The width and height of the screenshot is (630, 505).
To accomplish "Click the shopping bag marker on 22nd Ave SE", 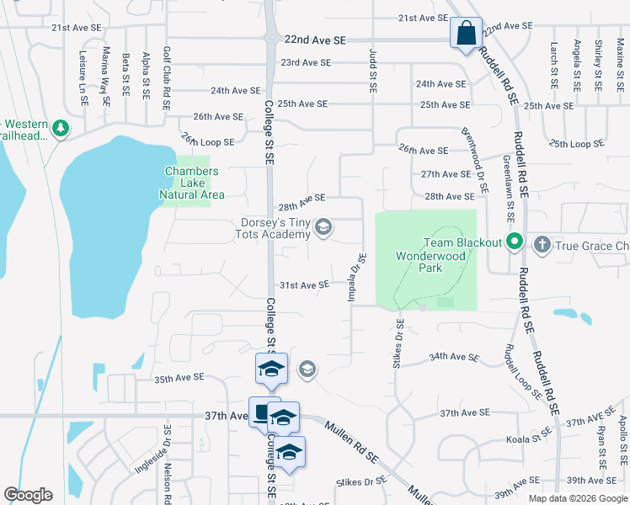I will tap(466, 35).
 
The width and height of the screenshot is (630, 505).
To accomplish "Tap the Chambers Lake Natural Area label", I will tap(191, 183).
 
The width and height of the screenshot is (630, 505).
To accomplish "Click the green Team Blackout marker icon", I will tap(515, 243).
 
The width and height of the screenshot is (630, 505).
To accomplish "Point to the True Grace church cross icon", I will tap(542, 244).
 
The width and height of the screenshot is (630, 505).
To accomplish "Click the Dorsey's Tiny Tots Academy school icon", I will tap(322, 227).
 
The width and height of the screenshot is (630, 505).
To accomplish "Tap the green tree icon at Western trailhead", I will tap(60, 129).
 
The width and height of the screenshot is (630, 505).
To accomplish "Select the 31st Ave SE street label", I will tap(304, 285).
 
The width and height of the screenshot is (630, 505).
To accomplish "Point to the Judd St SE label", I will tap(371, 70).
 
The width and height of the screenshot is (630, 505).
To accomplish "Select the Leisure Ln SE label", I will tap(84, 82).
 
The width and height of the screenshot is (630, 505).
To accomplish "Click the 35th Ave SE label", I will tap(180, 380).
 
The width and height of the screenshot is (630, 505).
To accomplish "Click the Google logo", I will tap(29, 494).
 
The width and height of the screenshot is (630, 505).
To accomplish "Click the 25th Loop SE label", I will tap(578, 143).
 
